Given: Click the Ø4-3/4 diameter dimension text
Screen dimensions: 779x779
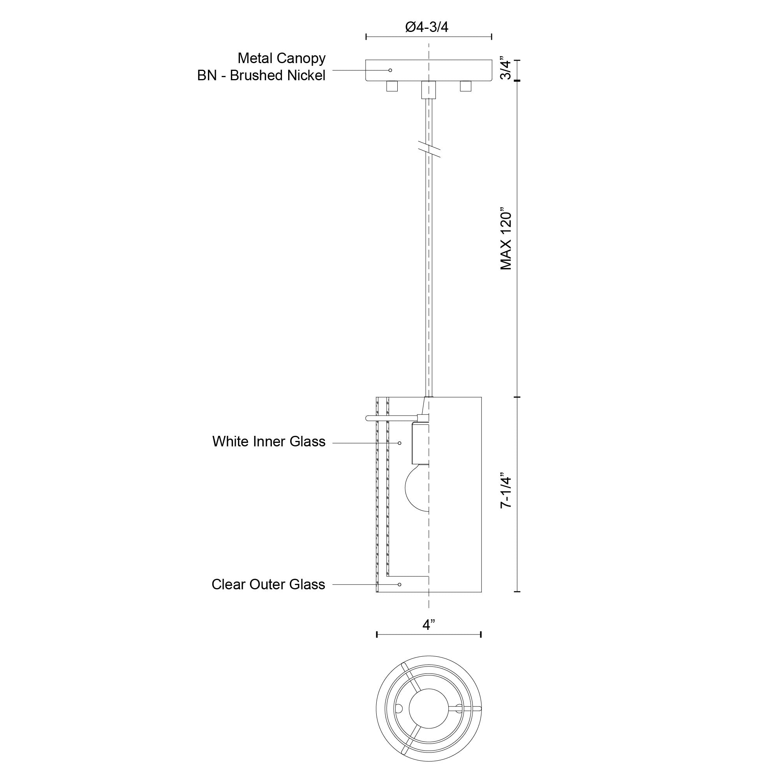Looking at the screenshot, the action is click(427, 27).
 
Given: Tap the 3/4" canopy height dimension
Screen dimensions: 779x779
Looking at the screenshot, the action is click(506, 70).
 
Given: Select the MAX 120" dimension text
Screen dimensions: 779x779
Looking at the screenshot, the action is click(506, 240).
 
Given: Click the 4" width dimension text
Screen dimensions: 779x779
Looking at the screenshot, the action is click(428, 625).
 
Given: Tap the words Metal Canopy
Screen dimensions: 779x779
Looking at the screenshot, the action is click(282, 58).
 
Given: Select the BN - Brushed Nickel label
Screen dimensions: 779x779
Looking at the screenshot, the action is click(261, 76).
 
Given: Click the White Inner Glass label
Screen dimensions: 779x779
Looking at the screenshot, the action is click(269, 442).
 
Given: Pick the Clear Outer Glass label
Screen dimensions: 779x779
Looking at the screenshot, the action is click(268, 584).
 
